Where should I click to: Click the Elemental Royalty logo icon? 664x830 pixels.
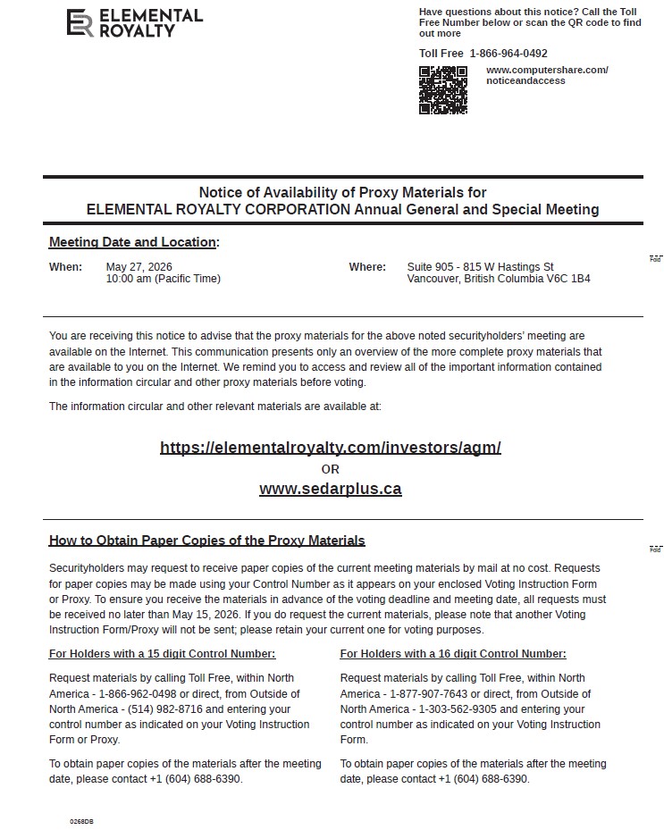[80, 23]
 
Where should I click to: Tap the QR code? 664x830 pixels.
[443, 89]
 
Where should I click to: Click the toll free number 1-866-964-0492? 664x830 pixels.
[509, 54]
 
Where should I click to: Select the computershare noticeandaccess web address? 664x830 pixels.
[547, 75]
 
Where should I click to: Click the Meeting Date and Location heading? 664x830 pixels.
[132, 242]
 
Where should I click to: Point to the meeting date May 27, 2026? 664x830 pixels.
[139, 266]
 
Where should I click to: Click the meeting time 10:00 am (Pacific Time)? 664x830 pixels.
[163, 279]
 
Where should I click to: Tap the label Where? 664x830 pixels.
[367, 266]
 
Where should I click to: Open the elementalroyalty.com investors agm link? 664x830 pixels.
[330, 448]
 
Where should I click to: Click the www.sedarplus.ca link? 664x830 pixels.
[330, 489]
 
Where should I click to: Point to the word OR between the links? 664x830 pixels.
[330, 469]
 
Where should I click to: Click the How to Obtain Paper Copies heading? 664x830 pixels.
[206, 541]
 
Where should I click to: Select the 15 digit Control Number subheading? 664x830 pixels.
[162, 654]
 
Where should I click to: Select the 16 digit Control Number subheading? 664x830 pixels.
[453, 654]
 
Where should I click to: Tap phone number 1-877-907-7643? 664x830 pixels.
[433, 694]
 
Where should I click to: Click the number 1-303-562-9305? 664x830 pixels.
[432, 709]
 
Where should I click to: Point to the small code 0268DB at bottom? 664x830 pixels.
[81, 820]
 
